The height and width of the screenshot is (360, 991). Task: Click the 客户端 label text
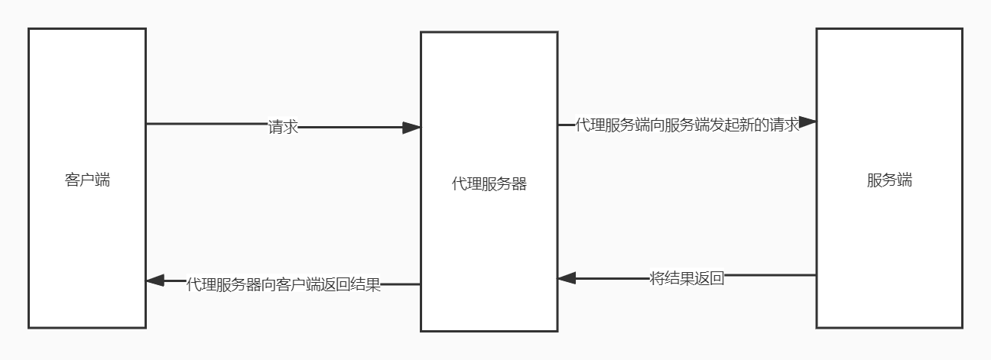[87, 181]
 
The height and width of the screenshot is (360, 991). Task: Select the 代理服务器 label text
[489, 184]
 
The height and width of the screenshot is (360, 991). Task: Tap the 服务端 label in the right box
[889, 181]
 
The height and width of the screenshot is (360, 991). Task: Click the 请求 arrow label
[283, 128]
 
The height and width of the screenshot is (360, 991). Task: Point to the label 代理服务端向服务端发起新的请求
[687, 125]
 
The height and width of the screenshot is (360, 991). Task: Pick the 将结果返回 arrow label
[687, 278]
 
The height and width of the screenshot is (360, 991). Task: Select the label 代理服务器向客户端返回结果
[284, 285]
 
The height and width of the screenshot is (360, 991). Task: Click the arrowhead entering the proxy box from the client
[412, 128]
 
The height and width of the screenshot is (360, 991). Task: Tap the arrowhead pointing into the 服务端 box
[808, 122]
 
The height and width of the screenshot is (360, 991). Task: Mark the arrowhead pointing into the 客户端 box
[155, 281]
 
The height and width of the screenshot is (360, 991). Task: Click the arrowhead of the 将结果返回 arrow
[567, 278]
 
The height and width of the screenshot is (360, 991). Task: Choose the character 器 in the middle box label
[519, 184]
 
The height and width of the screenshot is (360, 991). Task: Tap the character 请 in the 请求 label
[276, 128]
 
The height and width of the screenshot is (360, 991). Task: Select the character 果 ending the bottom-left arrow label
[373, 285]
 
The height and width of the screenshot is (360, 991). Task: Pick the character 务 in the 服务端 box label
[889, 181]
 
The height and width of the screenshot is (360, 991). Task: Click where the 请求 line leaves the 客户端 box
[146, 124]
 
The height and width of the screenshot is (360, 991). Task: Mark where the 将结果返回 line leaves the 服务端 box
[816, 275]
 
